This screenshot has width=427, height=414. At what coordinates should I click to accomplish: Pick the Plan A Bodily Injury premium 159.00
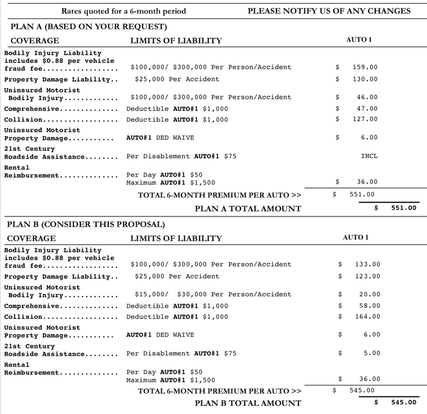[366, 68]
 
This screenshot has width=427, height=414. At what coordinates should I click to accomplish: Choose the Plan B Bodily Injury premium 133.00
[368, 265]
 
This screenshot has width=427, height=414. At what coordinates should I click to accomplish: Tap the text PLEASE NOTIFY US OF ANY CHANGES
[329, 11]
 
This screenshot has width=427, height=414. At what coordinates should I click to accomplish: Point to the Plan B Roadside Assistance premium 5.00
[371, 353]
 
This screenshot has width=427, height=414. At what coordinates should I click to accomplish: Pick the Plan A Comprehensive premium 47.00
[368, 109]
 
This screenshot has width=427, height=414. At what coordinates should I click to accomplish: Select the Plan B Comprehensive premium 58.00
[370, 306]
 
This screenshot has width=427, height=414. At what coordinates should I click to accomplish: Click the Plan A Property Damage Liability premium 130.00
[366, 79]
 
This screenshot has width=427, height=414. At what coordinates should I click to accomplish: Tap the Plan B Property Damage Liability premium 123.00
[368, 277]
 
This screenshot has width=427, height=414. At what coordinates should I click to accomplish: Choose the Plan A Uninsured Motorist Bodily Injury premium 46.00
[368, 98]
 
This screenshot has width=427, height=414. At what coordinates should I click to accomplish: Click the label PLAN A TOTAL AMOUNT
[248, 208]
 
